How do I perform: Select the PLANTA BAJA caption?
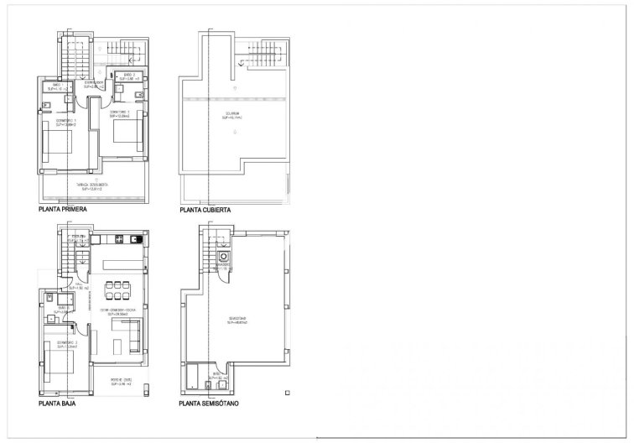(x=59, y=404)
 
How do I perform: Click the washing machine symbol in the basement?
(x=223, y=258)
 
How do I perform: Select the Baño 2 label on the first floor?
(x=130, y=77)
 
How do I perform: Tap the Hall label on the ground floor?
(x=81, y=239)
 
